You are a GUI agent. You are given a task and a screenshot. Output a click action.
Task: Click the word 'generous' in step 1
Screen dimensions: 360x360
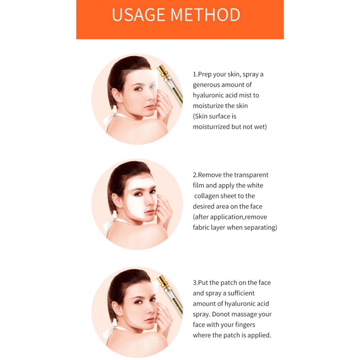[x=206, y=85]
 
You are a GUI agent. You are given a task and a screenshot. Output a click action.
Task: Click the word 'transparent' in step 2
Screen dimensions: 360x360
[x=251, y=175]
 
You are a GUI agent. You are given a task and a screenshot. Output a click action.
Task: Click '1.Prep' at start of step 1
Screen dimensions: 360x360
[x=202, y=75]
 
